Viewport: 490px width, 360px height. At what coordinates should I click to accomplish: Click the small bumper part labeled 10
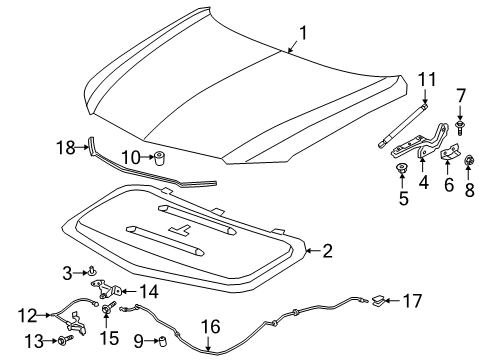click(x=156, y=157)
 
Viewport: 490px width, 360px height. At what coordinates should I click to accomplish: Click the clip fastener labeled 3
click(x=89, y=270)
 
